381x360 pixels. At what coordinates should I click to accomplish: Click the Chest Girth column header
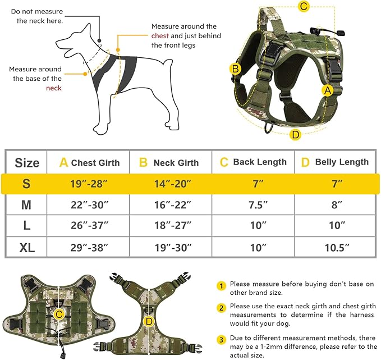[x=89, y=163]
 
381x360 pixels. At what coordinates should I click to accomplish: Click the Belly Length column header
[x=336, y=162]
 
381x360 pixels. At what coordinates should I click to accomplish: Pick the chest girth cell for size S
[x=88, y=184]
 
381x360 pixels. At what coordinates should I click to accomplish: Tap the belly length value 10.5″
[x=336, y=247]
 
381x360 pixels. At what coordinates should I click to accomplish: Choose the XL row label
[x=26, y=247]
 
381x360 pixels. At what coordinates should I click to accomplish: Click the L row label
[x=26, y=226]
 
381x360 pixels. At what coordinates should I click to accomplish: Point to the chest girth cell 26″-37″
[x=88, y=226]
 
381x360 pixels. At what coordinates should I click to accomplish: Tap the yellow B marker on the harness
[x=236, y=69]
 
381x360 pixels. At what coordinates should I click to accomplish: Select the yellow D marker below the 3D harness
[x=296, y=134]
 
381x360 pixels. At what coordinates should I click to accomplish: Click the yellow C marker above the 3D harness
[x=304, y=7]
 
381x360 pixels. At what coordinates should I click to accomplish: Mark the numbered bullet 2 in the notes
[x=222, y=308]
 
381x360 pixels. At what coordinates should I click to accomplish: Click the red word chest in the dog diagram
[x=159, y=36]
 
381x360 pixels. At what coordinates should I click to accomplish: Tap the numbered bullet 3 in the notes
[x=222, y=339]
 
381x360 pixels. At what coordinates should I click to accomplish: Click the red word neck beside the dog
[x=54, y=88]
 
